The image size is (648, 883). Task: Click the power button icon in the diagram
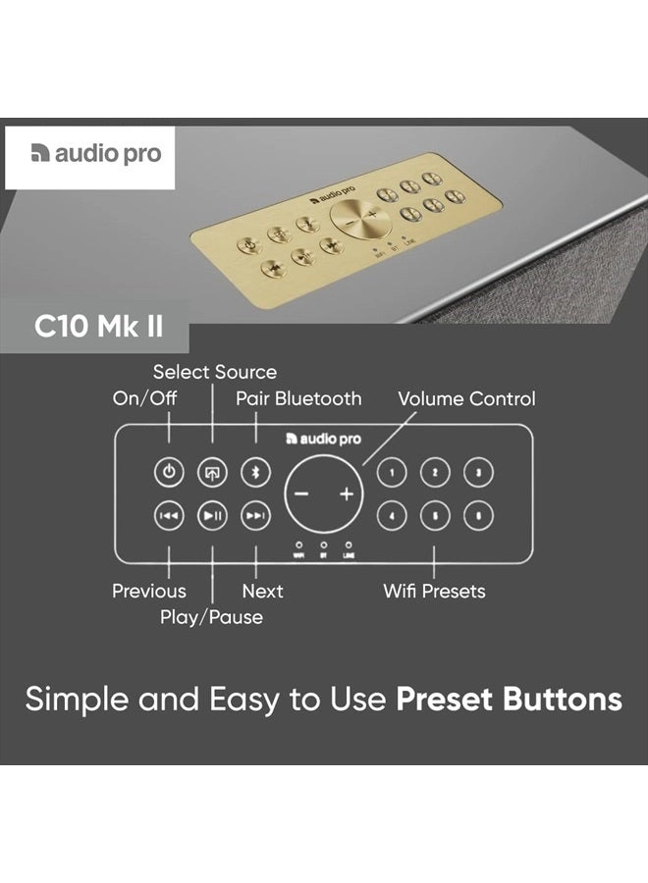(x=169, y=473)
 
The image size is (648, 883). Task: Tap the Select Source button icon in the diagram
(x=212, y=473)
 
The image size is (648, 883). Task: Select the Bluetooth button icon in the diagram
(x=255, y=473)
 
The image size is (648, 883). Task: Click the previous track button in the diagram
(x=169, y=515)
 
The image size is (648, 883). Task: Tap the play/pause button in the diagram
(x=212, y=515)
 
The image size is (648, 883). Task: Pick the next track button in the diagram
(x=255, y=515)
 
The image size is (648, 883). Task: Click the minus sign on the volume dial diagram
(x=301, y=494)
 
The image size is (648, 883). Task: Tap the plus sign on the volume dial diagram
(x=346, y=494)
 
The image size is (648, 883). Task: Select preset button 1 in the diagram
(x=392, y=473)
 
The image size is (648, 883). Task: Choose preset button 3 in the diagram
(x=478, y=473)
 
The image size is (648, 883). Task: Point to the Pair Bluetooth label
(x=298, y=398)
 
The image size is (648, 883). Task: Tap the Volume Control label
(x=466, y=398)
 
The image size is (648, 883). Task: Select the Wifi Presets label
(x=434, y=591)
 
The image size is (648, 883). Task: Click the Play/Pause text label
(x=211, y=617)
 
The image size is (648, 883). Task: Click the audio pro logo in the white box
(x=96, y=154)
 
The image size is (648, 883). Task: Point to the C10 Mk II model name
(x=99, y=326)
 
